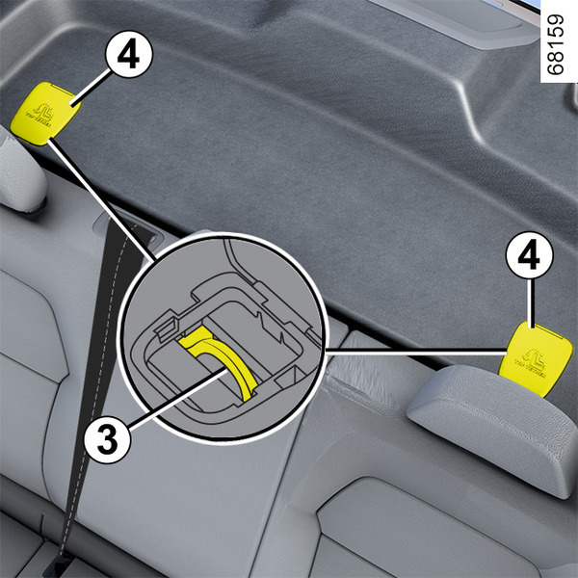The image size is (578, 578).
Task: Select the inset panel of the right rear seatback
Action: click(385, 520)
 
